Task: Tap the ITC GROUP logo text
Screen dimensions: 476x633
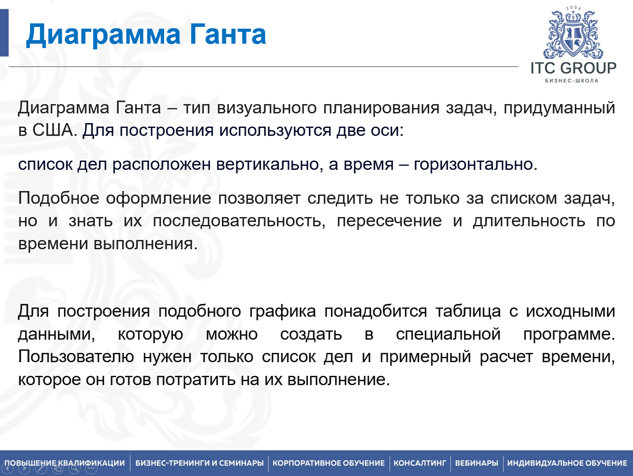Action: tap(573, 68)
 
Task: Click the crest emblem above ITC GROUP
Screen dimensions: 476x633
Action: tap(573, 34)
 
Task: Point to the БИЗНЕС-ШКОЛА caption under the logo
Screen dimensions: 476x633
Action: tap(572, 81)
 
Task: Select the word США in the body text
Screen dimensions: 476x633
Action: tap(52, 131)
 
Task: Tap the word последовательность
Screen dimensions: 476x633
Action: tap(239, 221)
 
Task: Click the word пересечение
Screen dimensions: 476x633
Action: tap(389, 221)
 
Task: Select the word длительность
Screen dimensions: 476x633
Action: tap(529, 221)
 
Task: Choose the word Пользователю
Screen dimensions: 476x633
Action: tap(76, 356)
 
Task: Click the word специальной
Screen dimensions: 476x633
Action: tap(448, 334)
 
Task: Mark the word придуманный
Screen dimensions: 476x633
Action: tap(559, 108)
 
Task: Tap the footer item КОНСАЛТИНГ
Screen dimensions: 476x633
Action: tap(420, 463)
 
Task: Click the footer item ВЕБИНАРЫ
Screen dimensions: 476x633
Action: tap(476, 463)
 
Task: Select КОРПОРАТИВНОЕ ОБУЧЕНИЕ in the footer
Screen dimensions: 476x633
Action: tap(329, 463)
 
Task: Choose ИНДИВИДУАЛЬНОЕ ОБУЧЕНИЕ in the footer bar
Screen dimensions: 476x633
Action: tap(567, 463)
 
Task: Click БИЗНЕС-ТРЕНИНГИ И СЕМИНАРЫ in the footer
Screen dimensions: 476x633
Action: tap(199, 463)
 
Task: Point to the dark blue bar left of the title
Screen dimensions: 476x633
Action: tap(4, 33)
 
